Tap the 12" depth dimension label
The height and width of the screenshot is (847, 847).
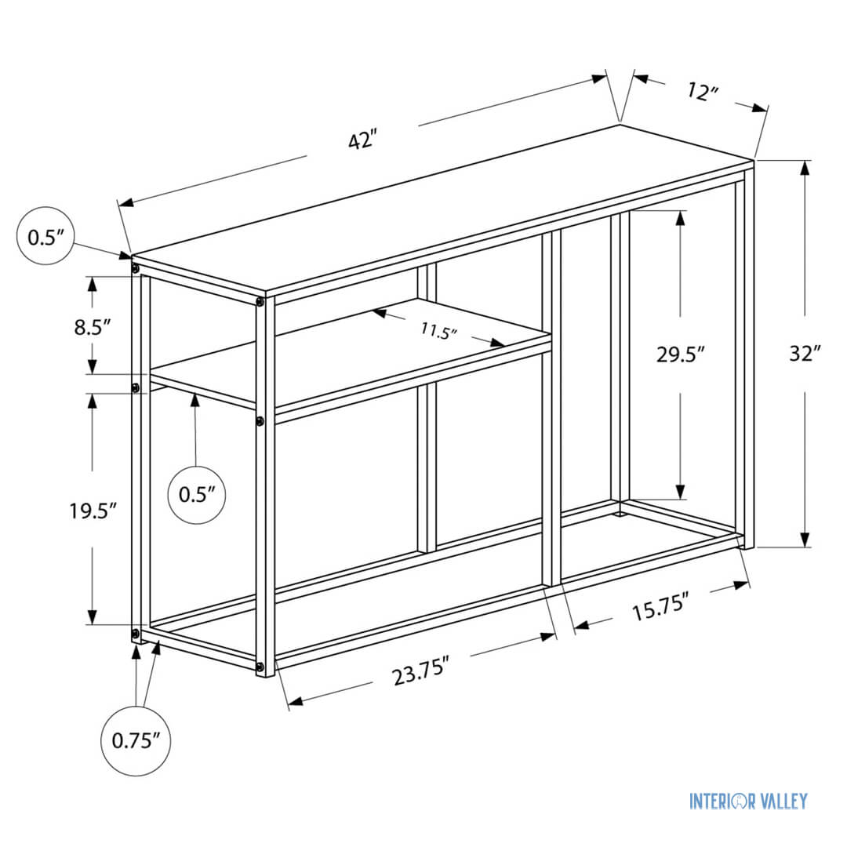[x=703, y=93]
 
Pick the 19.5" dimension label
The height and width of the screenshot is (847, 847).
[x=93, y=510]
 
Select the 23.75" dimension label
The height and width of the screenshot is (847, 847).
[x=421, y=673]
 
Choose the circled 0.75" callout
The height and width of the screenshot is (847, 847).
[x=136, y=740]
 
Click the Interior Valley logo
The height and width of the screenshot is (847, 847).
[x=747, y=801]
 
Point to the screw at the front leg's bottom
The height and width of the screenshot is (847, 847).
[x=260, y=667]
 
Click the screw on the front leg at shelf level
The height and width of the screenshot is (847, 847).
[x=260, y=422]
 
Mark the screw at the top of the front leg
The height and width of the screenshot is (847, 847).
[x=260, y=301]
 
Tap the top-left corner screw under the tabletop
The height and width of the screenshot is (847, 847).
[x=136, y=269]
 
